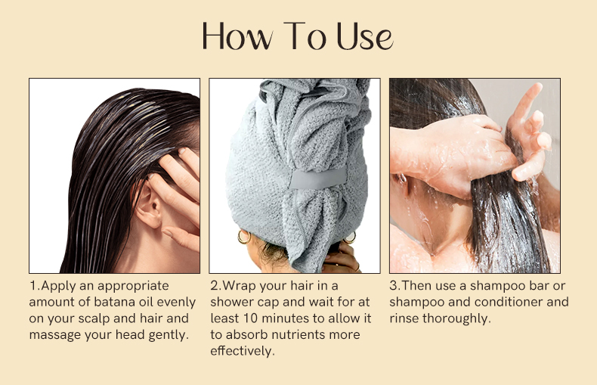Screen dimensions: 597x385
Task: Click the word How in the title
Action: click(237, 36)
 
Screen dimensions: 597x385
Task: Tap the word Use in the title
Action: click(365, 36)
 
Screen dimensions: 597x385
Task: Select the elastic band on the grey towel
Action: click(318, 178)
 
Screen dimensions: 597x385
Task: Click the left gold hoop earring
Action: click(243, 237)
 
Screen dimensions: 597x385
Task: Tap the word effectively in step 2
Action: click(243, 351)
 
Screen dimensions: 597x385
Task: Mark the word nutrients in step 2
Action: click(296, 334)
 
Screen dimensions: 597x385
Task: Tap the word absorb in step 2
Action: click(246, 334)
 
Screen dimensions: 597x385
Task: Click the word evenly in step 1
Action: click(176, 303)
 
